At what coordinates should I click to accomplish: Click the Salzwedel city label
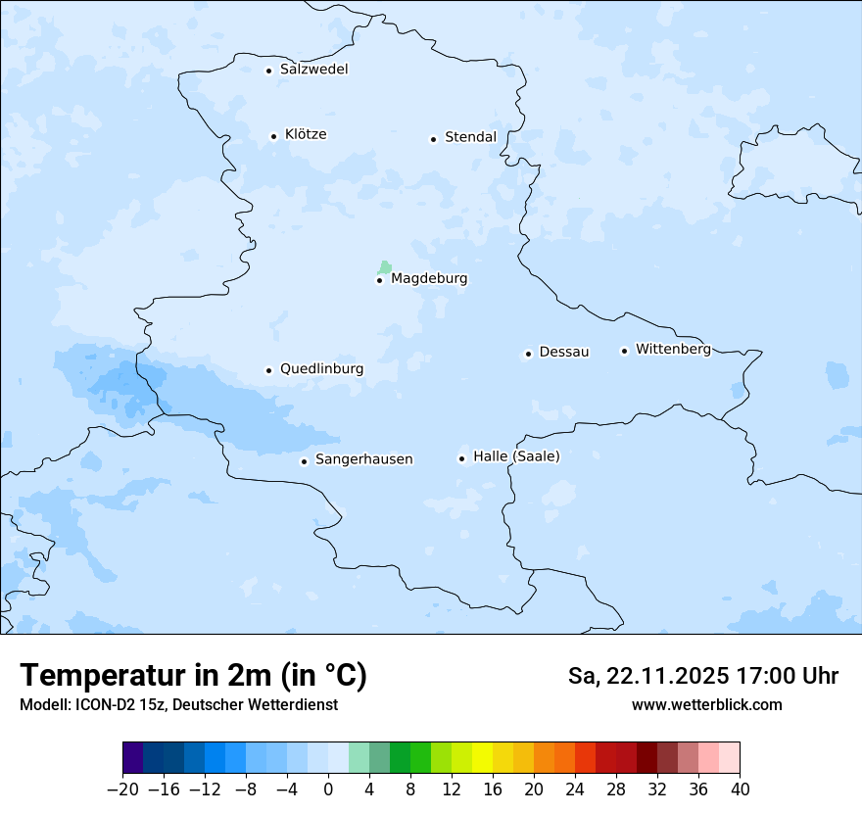point(313,70)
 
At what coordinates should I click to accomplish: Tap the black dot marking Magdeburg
point(379,280)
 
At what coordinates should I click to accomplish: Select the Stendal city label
point(470,137)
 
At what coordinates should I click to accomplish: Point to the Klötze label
point(306,134)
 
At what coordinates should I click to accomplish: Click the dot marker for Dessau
point(528,354)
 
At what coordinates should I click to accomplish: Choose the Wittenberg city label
point(673,349)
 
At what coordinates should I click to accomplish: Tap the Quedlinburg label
point(321,369)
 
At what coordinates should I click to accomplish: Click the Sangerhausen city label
point(363,459)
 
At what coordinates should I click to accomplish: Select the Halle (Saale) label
point(516,456)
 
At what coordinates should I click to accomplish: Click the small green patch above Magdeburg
point(385,266)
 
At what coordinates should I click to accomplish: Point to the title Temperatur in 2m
point(193,675)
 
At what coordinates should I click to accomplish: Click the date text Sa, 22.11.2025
point(647,676)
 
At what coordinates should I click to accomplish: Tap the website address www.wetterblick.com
point(706,704)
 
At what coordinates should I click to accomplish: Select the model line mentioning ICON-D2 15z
point(178,704)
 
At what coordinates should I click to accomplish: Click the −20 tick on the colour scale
point(122,789)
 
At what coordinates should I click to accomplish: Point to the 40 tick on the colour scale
point(740,789)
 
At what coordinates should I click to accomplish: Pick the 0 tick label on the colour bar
point(328,789)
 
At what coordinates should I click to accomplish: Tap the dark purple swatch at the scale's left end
point(133,758)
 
